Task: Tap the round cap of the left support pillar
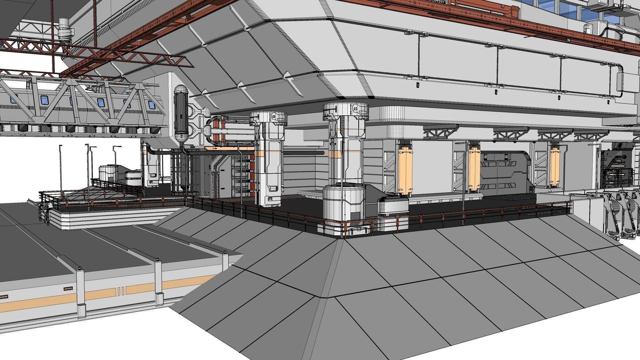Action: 269,117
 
